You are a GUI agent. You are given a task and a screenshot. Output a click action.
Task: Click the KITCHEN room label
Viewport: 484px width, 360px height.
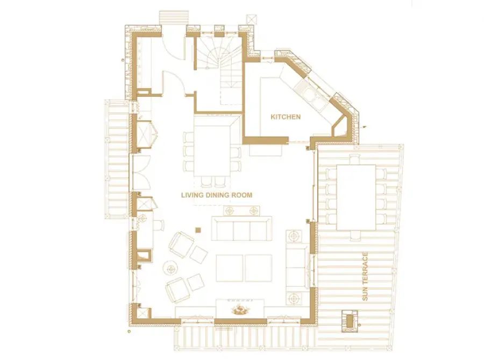tap(286, 117)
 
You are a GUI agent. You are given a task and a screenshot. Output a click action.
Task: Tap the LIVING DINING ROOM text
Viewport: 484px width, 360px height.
tap(217, 195)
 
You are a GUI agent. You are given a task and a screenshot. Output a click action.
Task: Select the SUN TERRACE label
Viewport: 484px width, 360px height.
tap(365, 277)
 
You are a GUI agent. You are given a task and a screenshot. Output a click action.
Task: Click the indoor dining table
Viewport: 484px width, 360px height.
tap(212, 146)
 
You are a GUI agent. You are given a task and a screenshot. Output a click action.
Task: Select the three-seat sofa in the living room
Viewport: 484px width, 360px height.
tap(241, 229)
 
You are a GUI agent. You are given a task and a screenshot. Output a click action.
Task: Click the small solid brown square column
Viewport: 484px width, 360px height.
tap(198, 230)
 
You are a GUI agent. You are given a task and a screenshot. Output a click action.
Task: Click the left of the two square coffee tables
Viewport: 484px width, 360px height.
tap(229, 268)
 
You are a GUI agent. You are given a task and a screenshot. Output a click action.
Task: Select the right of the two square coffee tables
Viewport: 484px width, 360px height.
tap(259, 268)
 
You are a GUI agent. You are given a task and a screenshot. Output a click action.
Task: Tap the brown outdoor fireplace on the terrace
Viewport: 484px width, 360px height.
tap(350, 321)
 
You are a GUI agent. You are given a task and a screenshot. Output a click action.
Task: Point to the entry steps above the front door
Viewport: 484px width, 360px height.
tap(174, 17)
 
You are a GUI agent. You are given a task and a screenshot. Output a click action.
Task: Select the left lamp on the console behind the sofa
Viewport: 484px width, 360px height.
tap(230, 211)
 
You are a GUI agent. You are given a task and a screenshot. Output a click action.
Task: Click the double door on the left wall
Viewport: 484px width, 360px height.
tap(141, 173)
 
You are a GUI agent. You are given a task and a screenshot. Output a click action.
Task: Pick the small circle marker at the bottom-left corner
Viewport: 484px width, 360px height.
tap(129, 332)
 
